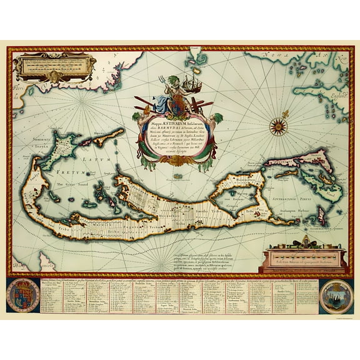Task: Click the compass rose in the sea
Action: (278, 127)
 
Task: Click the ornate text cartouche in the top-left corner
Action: (55, 66)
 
